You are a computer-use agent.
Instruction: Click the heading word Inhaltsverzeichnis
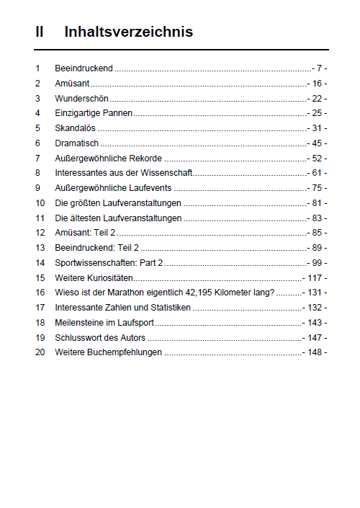click(128, 32)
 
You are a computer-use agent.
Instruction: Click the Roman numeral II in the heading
click(40, 32)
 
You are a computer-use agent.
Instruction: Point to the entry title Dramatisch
click(76, 143)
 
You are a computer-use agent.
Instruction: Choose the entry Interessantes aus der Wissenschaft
click(124, 173)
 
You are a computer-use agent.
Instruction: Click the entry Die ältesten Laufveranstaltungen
click(118, 218)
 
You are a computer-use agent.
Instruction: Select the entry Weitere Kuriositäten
click(94, 277)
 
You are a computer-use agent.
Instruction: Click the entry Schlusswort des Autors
click(100, 337)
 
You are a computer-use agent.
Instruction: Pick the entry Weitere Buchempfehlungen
click(108, 352)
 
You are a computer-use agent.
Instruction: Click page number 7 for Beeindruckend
click(320, 68)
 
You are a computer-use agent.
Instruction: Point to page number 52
click(318, 158)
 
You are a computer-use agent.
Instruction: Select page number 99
click(318, 262)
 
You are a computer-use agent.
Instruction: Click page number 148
click(315, 352)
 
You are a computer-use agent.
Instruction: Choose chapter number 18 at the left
click(40, 322)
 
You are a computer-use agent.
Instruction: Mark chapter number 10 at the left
click(40, 202)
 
